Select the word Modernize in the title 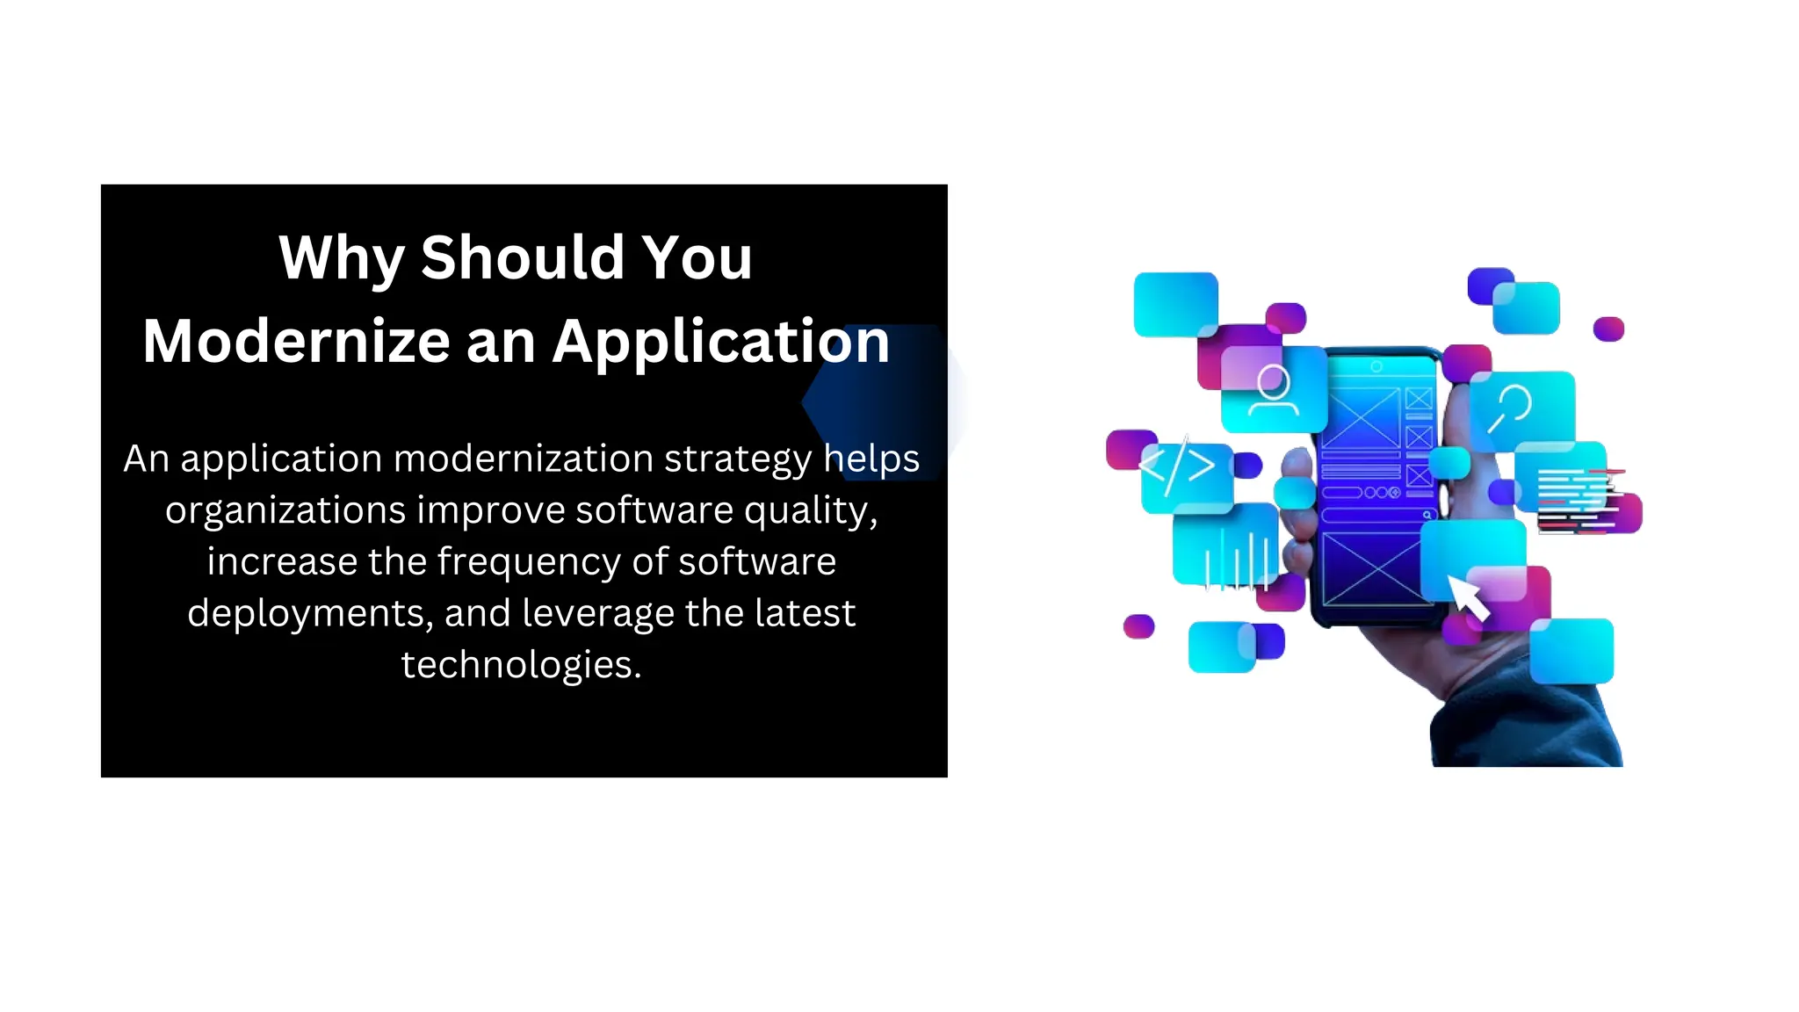pos(296,342)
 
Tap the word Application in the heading pos(720,342)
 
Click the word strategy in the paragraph pos(737,459)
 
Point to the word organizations pos(285,510)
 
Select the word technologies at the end pos(521,665)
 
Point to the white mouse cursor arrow pos(1468,598)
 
